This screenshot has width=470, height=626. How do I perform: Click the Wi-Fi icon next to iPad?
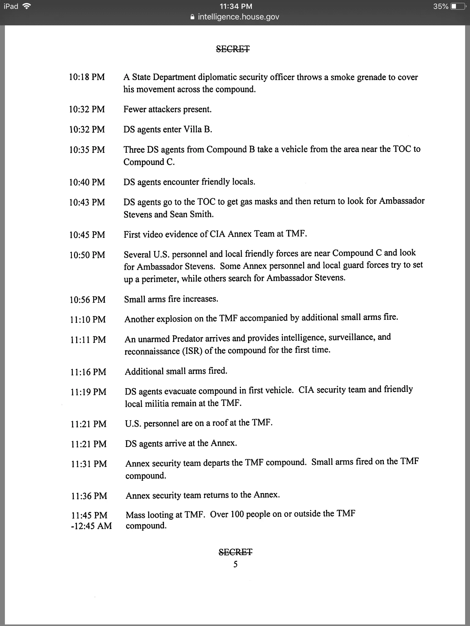point(27,6)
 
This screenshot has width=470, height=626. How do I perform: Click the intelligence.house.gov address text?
point(238,17)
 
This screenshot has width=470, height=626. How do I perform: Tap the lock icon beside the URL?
point(192,17)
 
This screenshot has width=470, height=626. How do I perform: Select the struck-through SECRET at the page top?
point(233,49)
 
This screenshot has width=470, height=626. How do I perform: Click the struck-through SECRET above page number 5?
point(235,552)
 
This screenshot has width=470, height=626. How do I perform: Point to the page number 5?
point(235,564)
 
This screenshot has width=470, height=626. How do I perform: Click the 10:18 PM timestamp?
point(87,77)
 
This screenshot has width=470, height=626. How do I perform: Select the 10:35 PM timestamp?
point(87,150)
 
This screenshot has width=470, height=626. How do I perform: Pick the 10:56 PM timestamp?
point(88,300)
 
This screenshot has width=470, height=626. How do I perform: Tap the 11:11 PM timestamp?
point(88,340)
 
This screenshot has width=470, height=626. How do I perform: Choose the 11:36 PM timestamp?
point(89,496)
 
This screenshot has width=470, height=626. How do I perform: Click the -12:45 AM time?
point(91,526)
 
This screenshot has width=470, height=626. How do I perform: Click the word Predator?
point(188,339)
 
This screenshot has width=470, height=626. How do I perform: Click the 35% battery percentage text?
point(441,6)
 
